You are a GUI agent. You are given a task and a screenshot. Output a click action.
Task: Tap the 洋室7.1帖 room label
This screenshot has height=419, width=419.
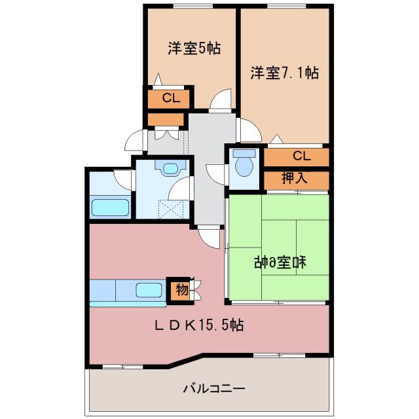click(x=284, y=73)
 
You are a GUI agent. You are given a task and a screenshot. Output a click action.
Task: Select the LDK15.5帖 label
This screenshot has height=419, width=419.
click(x=199, y=324)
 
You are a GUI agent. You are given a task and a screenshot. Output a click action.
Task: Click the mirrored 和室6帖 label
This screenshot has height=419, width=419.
click(x=281, y=263)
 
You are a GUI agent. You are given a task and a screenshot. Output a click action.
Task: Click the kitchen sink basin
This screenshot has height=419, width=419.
click(x=149, y=289)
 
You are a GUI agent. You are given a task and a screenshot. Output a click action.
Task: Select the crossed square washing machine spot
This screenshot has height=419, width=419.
click(x=170, y=210)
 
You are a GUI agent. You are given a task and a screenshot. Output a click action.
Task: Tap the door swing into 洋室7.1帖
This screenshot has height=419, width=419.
click(x=249, y=130)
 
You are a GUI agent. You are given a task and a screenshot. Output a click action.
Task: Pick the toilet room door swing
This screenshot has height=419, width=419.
click(x=215, y=173)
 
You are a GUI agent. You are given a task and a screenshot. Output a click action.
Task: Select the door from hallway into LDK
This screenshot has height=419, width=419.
click(x=211, y=236)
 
